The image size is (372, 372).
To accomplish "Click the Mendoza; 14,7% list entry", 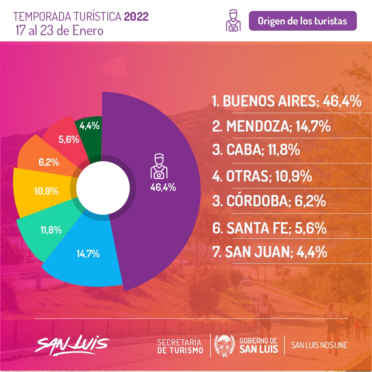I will click(x=271, y=127).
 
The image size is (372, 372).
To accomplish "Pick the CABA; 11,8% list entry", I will click(x=256, y=151).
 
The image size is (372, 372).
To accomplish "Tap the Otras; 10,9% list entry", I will click(x=262, y=176).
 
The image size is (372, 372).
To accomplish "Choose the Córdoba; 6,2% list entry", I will click(x=269, y=201).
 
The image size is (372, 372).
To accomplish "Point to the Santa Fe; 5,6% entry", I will click(x=269, y=228).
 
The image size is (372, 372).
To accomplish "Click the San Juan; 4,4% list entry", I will click(x=269, y=252).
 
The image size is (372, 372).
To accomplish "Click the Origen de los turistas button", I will click(x=302, y=21).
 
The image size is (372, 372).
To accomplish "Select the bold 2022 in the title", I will click(x=136, y=17).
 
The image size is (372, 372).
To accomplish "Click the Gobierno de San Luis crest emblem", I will click(x=225, y=344).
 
